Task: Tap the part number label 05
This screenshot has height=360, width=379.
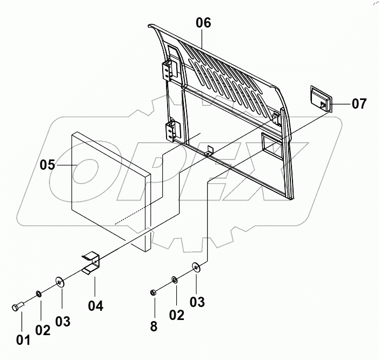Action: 48,165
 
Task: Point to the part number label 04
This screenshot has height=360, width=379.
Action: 95,306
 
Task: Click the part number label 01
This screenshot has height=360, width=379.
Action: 23,340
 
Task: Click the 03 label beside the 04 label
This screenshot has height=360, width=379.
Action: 63,322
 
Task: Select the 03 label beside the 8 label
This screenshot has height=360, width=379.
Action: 197,302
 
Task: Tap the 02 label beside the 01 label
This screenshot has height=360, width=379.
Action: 43,330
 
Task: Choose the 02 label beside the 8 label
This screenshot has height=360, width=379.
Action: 177,315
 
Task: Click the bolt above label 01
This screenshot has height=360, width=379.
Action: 17,306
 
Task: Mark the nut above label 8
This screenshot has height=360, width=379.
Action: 154,293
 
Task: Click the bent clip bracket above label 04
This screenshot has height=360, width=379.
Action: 91,261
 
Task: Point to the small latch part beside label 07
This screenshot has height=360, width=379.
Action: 318,98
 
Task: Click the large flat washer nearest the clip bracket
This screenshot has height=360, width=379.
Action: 60,282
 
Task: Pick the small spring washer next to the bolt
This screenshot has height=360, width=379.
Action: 38,294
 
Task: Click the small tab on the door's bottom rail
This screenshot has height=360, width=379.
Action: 210,150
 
